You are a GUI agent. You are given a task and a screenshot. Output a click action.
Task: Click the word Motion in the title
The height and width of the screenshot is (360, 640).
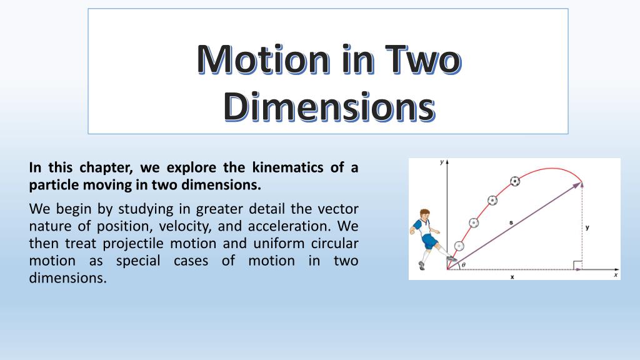263,59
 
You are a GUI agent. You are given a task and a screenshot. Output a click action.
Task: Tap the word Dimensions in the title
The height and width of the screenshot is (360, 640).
329,106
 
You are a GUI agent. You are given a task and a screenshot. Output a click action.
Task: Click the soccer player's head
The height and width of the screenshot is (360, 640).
425,215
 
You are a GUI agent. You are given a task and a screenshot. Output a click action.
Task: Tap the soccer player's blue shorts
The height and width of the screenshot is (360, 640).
429,241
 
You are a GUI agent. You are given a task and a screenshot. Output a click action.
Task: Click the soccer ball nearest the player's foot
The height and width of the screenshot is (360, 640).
459,246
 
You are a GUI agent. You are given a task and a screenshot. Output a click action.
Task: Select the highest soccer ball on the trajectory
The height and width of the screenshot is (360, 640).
515,181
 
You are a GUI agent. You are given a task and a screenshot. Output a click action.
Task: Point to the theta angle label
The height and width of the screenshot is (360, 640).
464,265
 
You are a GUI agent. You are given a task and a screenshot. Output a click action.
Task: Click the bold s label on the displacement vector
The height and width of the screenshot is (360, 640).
511,222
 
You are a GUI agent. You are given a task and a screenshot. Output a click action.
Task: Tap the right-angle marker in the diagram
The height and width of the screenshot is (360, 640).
577,265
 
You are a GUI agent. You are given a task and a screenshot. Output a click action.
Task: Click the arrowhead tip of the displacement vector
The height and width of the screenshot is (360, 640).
581,183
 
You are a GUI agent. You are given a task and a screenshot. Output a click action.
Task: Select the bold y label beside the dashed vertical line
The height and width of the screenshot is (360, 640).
587,227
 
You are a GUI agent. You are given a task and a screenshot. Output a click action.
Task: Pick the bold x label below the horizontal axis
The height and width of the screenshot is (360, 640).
512,277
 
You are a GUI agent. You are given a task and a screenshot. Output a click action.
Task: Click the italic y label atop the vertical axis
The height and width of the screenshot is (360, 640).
442,162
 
